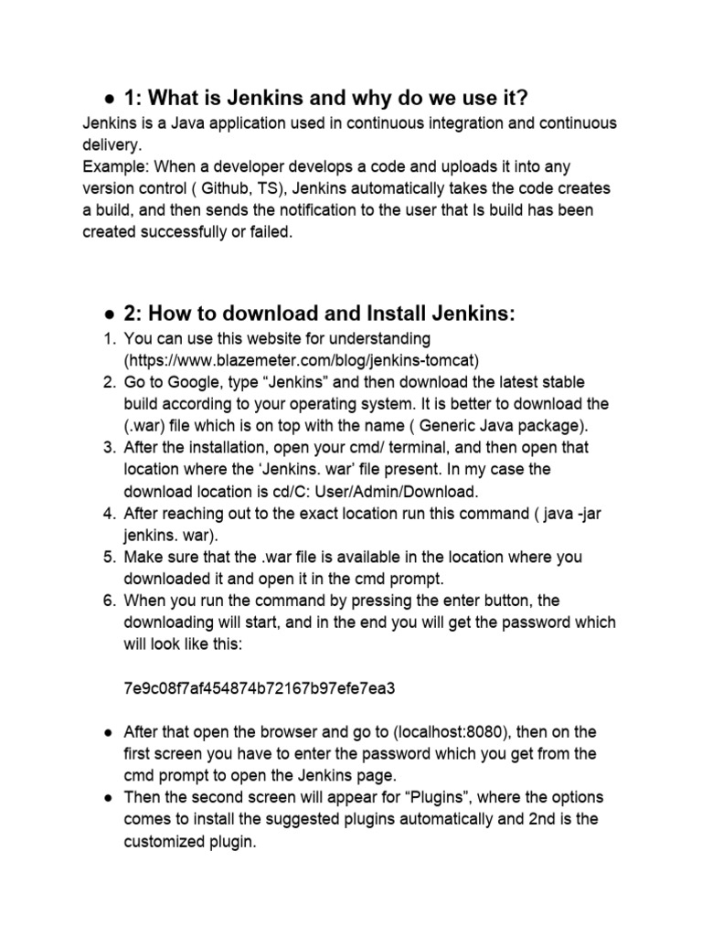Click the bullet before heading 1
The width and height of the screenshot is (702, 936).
pyautogui.click(x=108, y=98)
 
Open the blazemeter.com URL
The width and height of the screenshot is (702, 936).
pyautogui.click(x=303, y=359)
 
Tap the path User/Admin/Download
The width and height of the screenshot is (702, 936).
pyautogui.click(x=403, y=491)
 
